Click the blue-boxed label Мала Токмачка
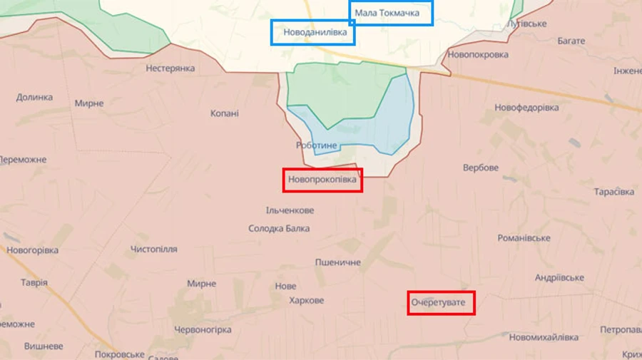[x=392, y=13]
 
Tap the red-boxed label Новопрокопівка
[x=322, y=180]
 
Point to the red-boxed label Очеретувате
[x=441, y=303]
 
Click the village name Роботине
[x=316, y=145]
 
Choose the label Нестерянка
[x=170, y=68]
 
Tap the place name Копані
[x=225, y=113]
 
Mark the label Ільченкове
[x=290, y=210]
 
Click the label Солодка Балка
[x=279, y=229]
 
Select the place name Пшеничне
[x=338, y=262]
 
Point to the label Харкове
[x=306, y=300]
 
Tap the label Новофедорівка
[x=526, y=107]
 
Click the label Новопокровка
[x=478, y=54]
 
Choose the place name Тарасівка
[x=613, y=192]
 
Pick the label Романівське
[x=524, y=237]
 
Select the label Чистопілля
[x=153, y=250]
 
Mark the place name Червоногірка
[x=203, y=330]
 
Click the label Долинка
[x=34, y=97]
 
